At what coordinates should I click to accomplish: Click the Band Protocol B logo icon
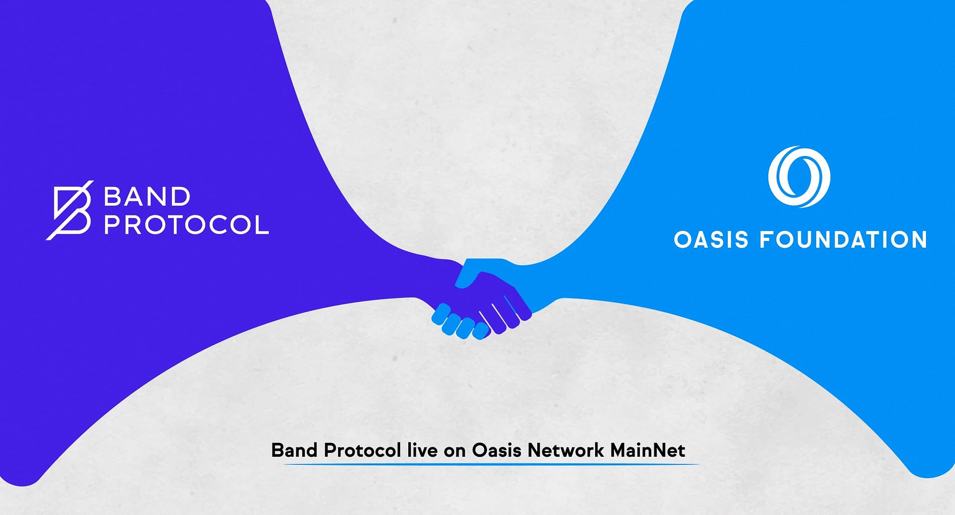70,210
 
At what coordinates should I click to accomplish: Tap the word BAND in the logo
147,197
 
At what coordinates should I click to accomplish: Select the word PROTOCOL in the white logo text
186,225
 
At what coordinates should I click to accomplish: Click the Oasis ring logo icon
799,177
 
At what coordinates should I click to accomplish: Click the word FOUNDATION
843,239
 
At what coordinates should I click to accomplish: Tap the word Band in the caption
294,450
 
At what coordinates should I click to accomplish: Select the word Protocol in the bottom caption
362,450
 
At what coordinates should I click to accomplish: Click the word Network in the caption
566,450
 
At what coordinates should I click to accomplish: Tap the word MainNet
648,450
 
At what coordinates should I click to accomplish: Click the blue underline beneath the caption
491,464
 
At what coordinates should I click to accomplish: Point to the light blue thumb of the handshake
471,273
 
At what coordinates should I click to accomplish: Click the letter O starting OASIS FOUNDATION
683,239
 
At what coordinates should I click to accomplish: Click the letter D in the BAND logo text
181,197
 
